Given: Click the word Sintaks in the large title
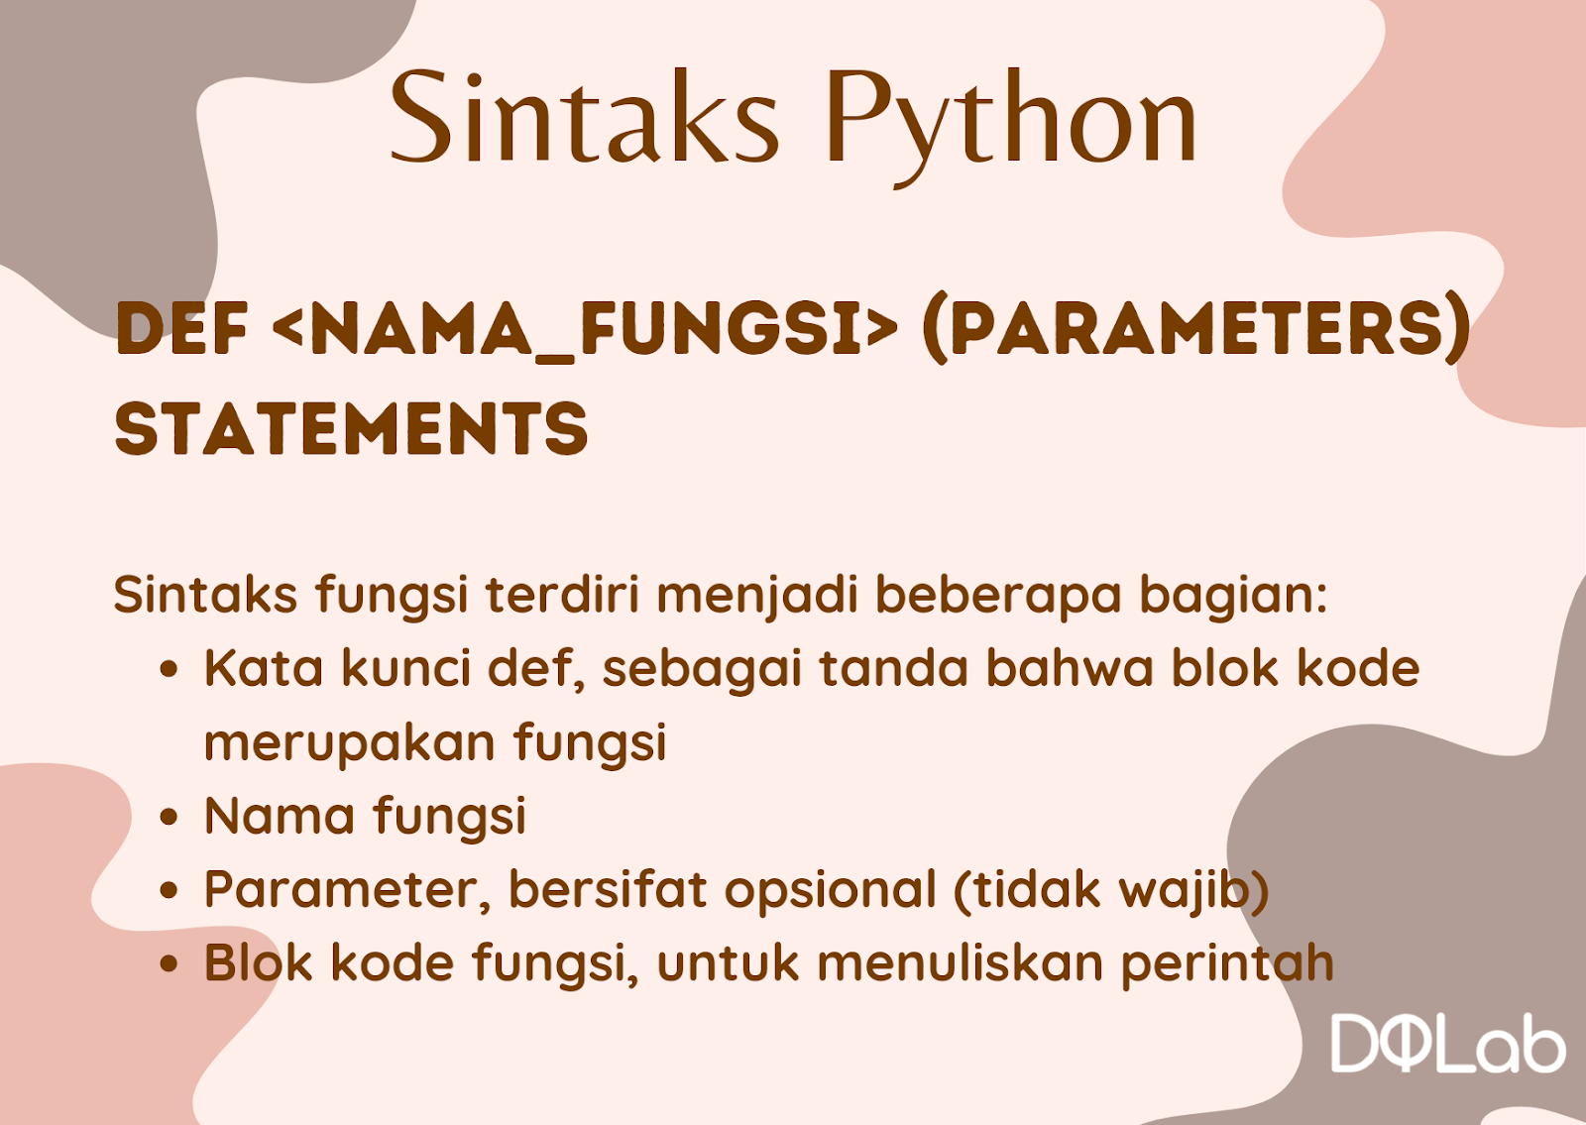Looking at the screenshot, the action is click(584, 117).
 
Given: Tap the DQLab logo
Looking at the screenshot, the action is click(1448, 1045).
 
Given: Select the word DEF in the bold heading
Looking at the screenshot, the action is click(182, 328).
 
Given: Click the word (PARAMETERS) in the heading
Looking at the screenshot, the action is click(1195, 328).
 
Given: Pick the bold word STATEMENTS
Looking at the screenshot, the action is click(351, 427).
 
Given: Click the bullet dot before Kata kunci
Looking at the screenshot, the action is click(169, 670).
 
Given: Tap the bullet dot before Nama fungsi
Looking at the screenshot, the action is click(169, 817).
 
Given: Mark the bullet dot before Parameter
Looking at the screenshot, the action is click(169, 891).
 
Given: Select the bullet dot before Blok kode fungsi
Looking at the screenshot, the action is click(169, 963).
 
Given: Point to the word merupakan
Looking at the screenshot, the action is click(350, 744).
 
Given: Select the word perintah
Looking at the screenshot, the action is click(1228, 963).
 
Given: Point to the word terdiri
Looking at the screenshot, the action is click(563, 594).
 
